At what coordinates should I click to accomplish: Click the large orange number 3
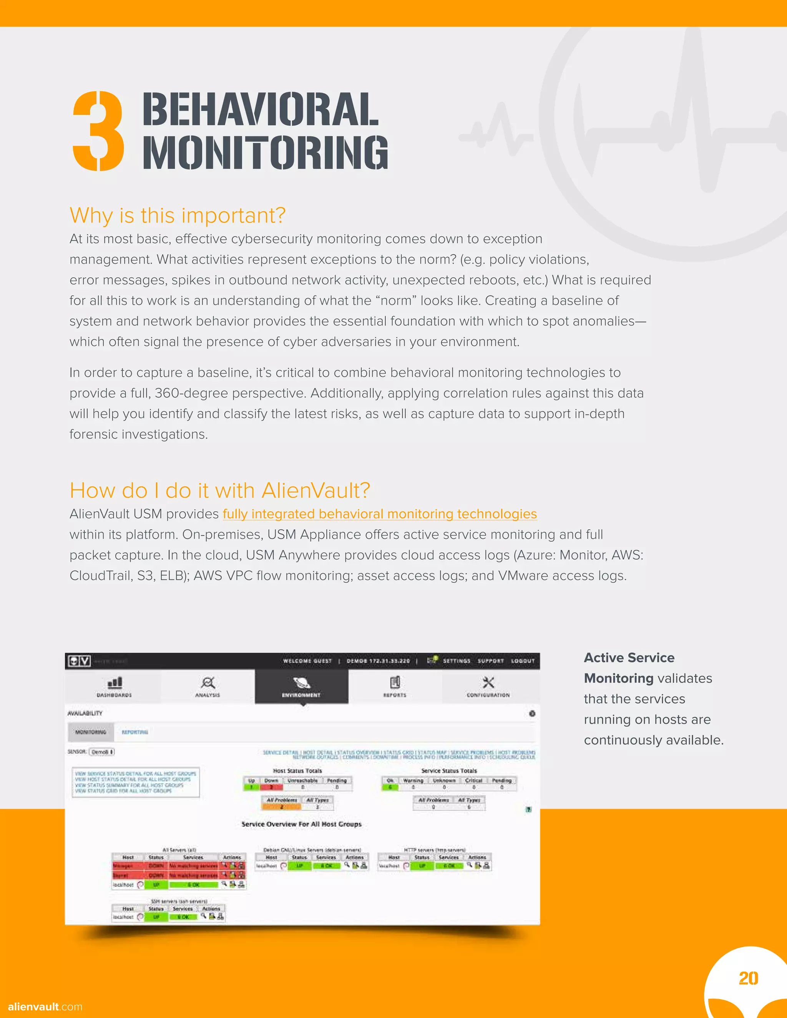[x=98, y=131]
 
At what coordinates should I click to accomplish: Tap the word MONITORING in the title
[x=265, y=152]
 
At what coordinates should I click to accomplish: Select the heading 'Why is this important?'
[x=177, y=216]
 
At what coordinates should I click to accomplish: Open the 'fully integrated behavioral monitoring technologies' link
[x=380, y=514]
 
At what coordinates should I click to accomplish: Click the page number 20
[x=748, y=978]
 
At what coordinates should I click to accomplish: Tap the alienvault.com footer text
[x=45, y=1006]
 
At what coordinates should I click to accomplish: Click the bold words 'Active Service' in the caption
[x=629, y=658]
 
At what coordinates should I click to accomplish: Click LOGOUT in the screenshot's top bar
[x=523, y=661]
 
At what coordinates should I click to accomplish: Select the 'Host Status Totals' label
[x=297, y=771]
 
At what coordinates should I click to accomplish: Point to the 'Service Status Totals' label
[x=449, y=771]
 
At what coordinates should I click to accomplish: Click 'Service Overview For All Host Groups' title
[x=301, y=824]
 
